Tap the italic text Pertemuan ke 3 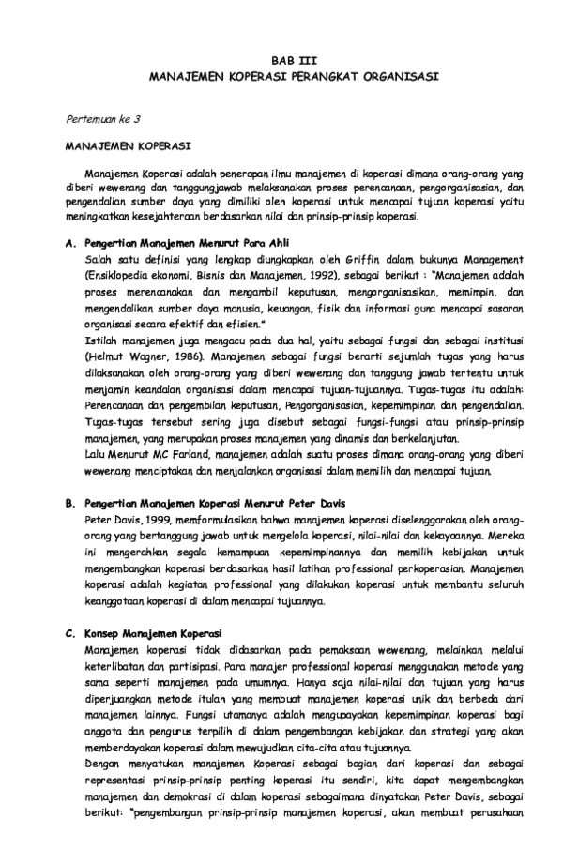click(x=102, y=120)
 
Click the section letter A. click(x=69, y=242)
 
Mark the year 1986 click(x=175, y=356)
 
